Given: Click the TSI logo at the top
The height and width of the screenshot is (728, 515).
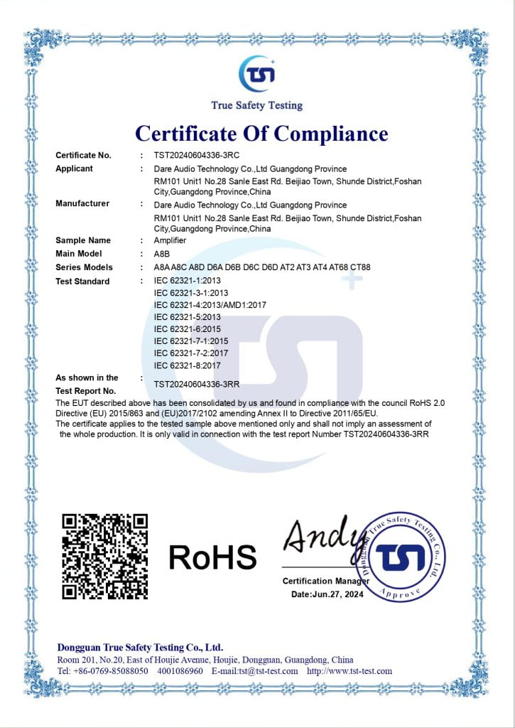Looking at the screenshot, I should [x=256, y=75].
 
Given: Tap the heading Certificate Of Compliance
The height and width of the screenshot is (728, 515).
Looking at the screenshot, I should [x=261, y=133].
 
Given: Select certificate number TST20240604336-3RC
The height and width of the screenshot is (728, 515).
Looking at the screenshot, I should [x=195, y=155].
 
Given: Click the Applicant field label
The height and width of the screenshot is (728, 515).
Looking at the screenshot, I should [x=75, y=168].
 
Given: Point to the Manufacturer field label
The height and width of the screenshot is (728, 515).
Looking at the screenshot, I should [x=82, y=203].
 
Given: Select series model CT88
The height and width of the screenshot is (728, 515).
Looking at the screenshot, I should [x=360, y=267].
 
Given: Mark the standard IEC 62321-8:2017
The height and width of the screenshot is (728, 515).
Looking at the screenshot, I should [x=187, y=365].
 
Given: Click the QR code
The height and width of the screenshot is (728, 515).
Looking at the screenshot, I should [x=104, y=555].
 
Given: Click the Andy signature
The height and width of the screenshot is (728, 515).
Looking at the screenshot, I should [x=318, y=537].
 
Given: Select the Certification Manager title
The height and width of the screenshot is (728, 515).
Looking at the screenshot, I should [x=326, y=582].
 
